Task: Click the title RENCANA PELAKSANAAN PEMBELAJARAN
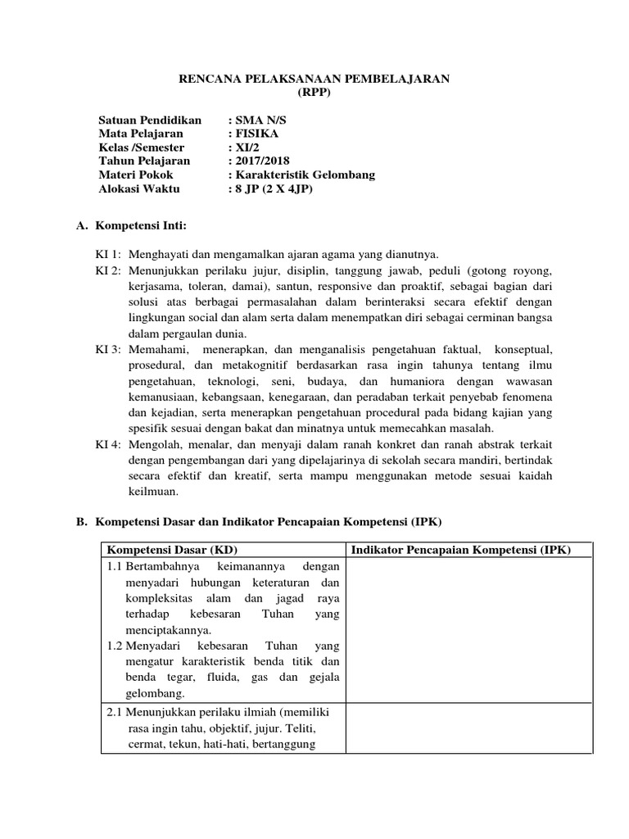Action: point(314,79)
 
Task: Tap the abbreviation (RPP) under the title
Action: point(314,92)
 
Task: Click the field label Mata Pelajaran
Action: point(141,134)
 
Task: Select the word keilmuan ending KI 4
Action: point(153,492)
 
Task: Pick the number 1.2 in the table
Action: point(115,646)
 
